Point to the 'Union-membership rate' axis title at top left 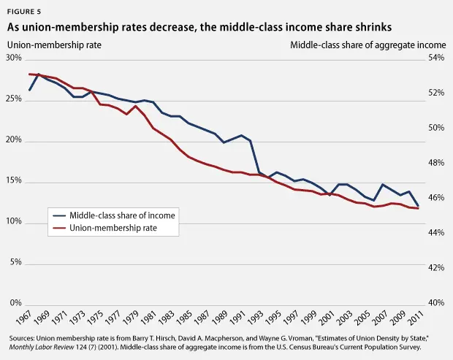tap(54, 45)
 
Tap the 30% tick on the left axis tap(14, 58)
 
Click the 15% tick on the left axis tap(14, 181)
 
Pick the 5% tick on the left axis tap(16, 262)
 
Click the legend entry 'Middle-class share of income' tap(122, 215)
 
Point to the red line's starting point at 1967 tap(28, 74)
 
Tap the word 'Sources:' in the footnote tap(26, 340)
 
